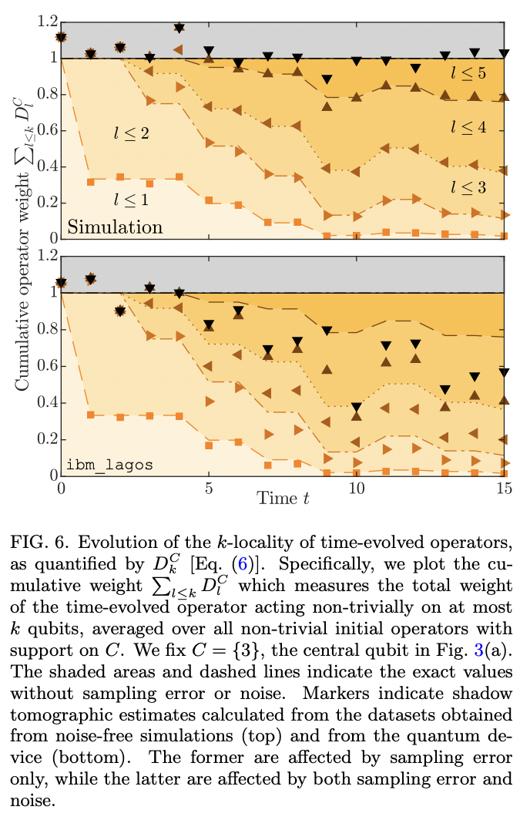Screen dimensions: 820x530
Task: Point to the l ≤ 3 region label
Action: click(x=468, y=186)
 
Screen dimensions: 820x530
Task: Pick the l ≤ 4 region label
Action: click(x=468, y=127)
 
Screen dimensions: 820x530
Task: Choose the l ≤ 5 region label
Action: click(x=468, y=73)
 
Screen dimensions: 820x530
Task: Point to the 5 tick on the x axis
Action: click(x=209, y=489)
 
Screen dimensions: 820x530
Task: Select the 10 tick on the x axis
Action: click(x=356, y=489)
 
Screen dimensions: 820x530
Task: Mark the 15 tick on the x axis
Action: click(x=503, y=489)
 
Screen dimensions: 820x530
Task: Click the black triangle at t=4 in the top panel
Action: click(x=179, y=28)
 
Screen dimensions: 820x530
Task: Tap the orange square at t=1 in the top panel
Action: click(x=90, y=181)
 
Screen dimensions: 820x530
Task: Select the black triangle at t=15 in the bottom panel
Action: click(x=504, y=372)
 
